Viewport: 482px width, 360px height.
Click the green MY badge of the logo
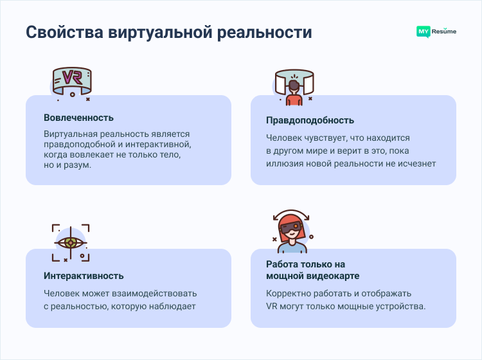tap(423, 31)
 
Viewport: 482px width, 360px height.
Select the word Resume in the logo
tap(443, 31)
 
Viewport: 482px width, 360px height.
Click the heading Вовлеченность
tap(78, 118)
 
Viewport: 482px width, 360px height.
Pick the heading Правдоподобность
tap(310, 120)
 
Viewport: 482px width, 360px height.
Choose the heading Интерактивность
tap(84, 276)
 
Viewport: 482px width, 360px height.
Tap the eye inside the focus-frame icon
tap(71, 242)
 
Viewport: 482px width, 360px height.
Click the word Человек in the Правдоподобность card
tap(285, 138)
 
